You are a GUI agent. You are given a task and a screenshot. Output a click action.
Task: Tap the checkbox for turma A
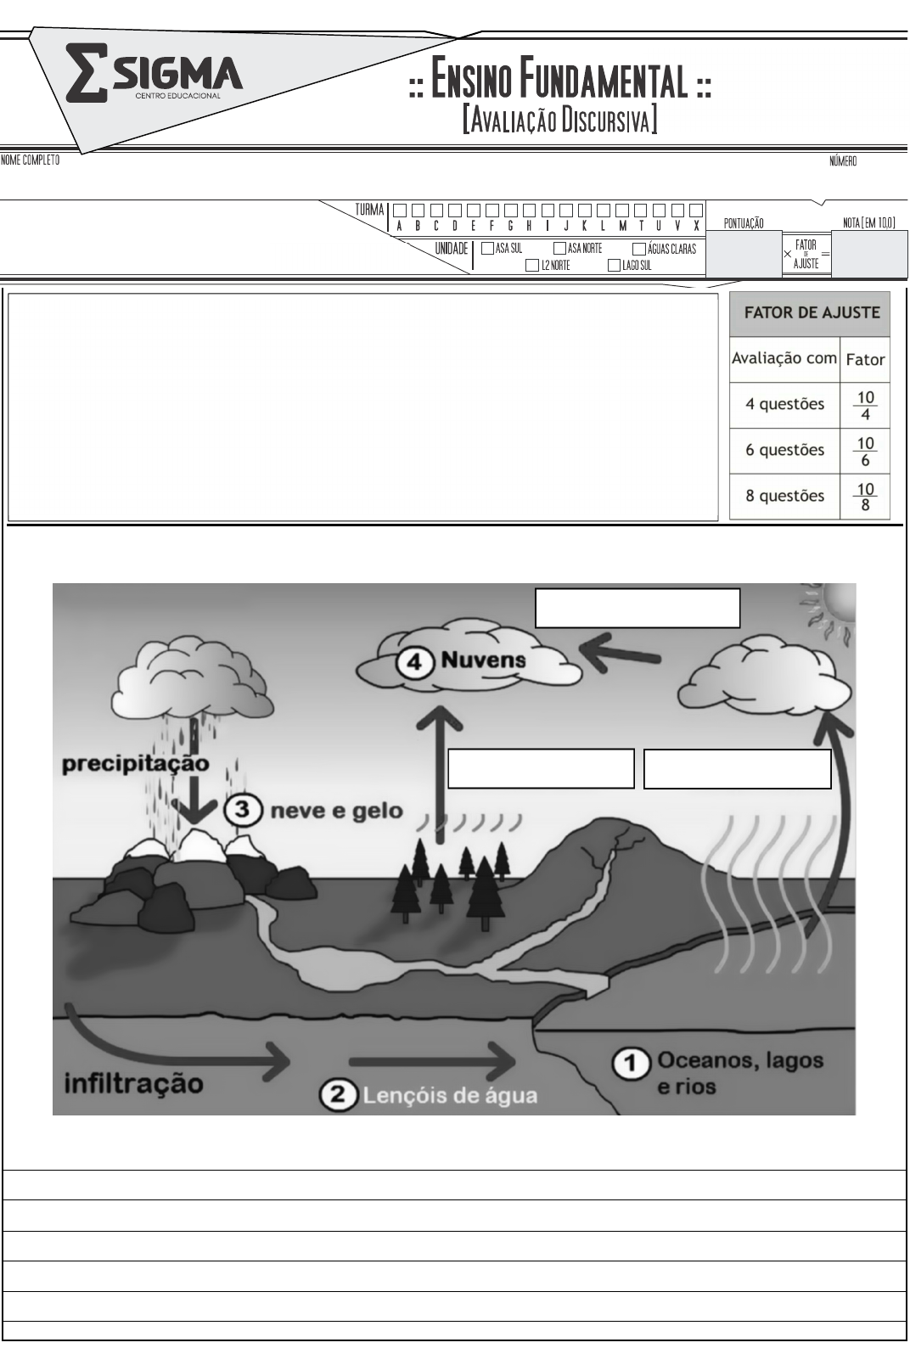tap(399, 210)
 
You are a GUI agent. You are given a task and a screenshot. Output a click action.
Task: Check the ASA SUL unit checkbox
tap(488, 249)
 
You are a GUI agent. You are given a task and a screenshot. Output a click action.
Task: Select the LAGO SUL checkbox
tap(615, 266)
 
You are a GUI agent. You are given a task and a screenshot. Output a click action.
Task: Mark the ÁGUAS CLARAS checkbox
tap(639, 249)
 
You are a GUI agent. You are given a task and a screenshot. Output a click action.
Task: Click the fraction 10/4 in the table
tap(865, 405)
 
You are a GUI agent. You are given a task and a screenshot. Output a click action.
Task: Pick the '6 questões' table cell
tap(784, 450)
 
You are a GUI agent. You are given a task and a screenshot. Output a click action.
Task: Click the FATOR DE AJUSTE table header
tap(811, 312)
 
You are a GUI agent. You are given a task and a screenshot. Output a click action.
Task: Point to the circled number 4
tap(414, 662)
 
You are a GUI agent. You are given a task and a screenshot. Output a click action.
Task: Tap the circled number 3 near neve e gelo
tap(243, 809)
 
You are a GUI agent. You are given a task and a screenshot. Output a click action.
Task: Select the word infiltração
tap(134, 1084)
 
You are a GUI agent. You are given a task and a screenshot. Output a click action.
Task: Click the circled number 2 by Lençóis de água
tap(338, 1095)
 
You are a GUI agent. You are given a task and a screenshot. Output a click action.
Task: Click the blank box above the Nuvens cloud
tap(638, 608)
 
